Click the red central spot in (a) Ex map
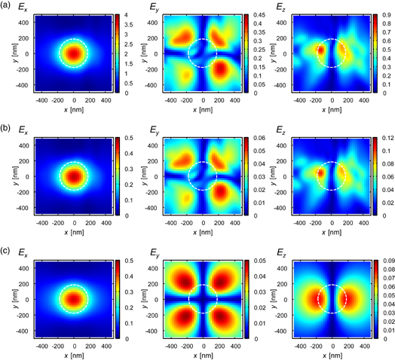(73, 54)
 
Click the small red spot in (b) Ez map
(320, 172)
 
